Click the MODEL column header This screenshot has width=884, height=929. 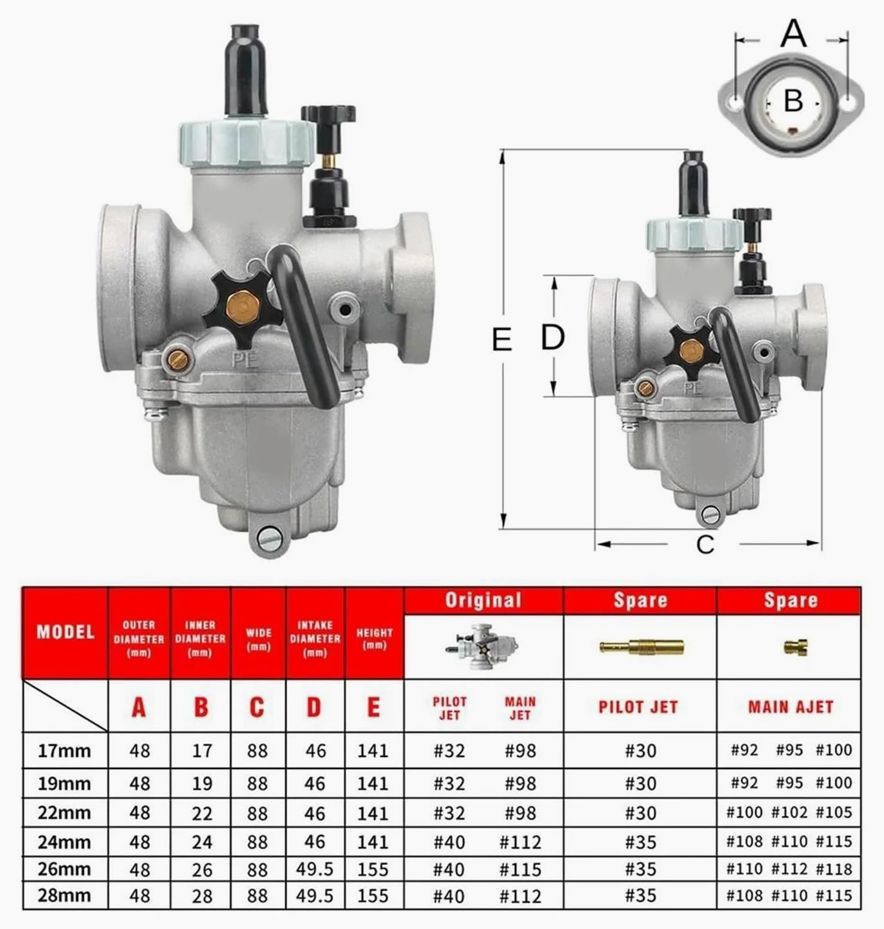click(66, 632)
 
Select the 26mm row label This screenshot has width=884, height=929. click(65, 869)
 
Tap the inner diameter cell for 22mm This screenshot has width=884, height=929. click(202, 813)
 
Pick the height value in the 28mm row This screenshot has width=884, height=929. click(373, 896)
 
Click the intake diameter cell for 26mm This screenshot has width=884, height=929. click(315, 869)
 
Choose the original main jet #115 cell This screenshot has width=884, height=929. click(520, 869)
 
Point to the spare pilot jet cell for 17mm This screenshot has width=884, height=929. click(640, 750)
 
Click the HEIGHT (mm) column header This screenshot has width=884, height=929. click(375, 638)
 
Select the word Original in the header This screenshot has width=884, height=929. click(483, 600)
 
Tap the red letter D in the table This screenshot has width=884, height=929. click(314, 707)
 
